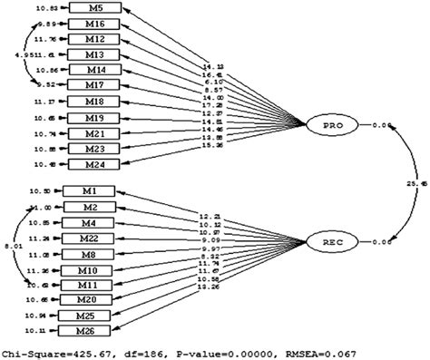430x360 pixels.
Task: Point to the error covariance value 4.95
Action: (11, 54)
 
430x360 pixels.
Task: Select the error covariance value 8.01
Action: (11, 245)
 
